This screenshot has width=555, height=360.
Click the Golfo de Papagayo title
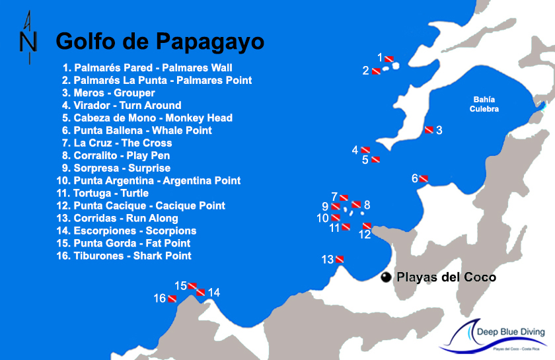click(x=160, y=41)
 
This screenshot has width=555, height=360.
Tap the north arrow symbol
click(x=28, y=38)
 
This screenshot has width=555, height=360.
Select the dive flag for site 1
click(x=389, y=58)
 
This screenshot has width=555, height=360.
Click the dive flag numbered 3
click(x=429, y=129)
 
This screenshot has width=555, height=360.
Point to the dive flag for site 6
click(x=424, y=178)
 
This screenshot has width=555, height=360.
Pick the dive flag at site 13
click(x=340, y=259)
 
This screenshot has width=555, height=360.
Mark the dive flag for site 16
click(x=172, y=299)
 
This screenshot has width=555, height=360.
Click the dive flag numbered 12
click(x=367, y=227)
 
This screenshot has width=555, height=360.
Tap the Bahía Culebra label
click(x=484, y=104)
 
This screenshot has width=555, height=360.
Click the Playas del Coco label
click(x=445, y=277)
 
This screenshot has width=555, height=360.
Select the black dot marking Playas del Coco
click(x=386, y=278)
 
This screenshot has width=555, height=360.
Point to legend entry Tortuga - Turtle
click(x=102, y=193)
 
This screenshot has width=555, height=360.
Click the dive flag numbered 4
click(x=365, y=150)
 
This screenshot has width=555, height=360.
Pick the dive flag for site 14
click(x=201, y=292)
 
